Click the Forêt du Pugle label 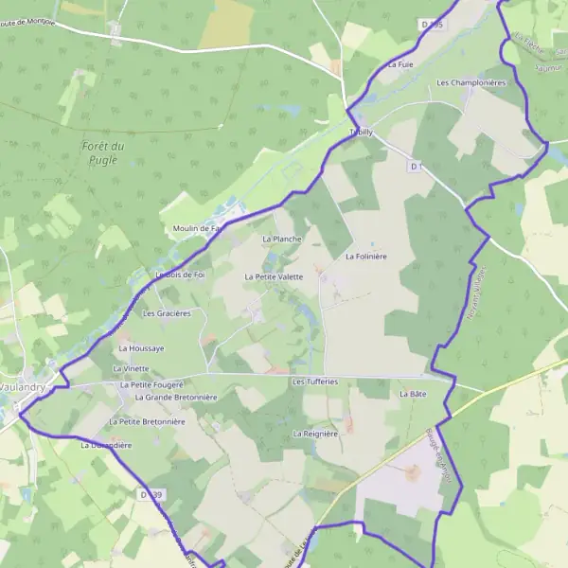(x=103, y=152)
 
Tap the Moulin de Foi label (x=196, y=228)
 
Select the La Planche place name (x=281, y=240)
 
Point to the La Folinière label (x=368, y=256)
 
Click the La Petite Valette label (x=274, y=276)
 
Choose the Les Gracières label (x=167, y=312)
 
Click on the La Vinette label (x=131, y=368)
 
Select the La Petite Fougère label (x=151, y=385)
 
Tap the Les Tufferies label (x=315, y=382)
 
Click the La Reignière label (x=315, y=433)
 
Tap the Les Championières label (x=471, y=83)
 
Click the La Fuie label (x=401, y=64)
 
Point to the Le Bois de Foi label (x=180, y=275)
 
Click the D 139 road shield (x=145, y=494)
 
